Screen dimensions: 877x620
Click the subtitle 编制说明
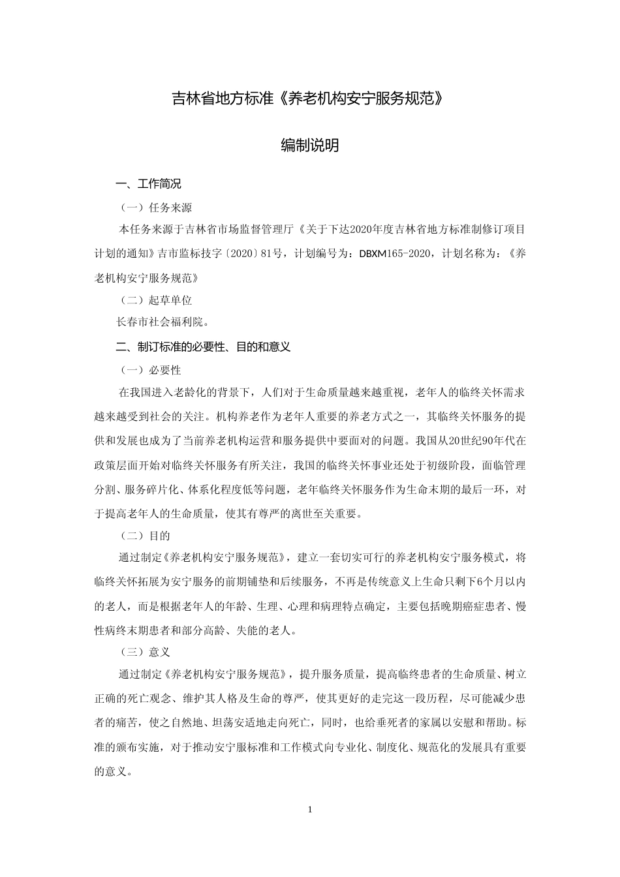point(309,146)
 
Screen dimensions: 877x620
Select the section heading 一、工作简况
point(148,184)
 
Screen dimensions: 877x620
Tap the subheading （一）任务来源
point(155,208)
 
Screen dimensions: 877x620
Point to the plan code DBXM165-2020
point(394,253)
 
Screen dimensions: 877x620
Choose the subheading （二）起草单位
point(155,300)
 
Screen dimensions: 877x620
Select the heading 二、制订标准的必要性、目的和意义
point(203,347)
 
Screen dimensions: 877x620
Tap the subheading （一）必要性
point(150,370)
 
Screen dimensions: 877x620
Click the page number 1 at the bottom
point(310,810)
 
